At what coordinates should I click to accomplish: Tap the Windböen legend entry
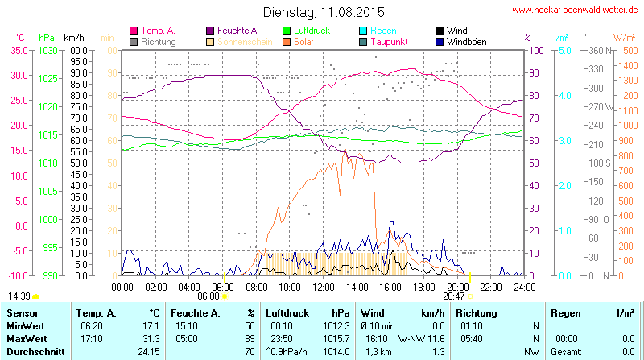click(x=464, y=41)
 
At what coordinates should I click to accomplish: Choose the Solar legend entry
click(x=304, y=41)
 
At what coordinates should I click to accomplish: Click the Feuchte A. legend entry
click(x=237, y=31)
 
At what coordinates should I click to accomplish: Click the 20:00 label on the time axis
click(x=457, y=287)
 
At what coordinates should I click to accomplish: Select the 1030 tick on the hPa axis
click(x=47, y=50)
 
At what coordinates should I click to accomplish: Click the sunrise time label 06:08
click(x=208, y=296)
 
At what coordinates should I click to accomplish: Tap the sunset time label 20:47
click(x=454, y=296)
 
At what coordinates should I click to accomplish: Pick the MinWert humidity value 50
click(x=250, y=325)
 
